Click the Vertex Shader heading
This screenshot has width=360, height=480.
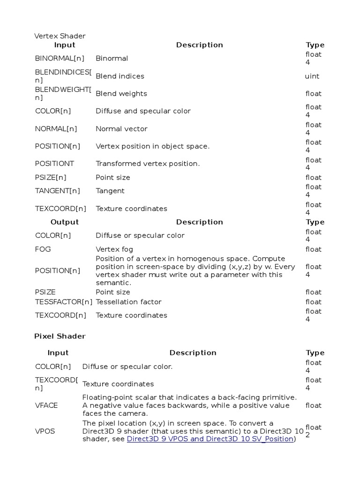point(60,36)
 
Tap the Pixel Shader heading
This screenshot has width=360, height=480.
point(60,336)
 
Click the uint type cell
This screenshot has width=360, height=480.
point(312,76)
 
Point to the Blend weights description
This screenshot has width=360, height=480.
point(121,94)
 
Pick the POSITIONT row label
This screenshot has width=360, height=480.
point(54,164)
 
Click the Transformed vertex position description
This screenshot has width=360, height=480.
point(148,164)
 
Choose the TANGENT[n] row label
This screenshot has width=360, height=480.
point(57,191)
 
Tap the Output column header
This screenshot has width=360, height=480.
point(64,222)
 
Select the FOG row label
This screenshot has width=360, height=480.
point(43,249)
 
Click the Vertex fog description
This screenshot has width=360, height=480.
point(114,249)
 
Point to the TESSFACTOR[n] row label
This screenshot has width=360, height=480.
point(64,302)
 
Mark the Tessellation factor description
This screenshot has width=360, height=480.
point(128,302)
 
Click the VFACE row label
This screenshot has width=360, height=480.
point(46,405)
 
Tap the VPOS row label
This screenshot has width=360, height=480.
point(45,431)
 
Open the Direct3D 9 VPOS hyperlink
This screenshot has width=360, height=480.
point(210,439)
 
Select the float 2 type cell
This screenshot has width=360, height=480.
point(314,431)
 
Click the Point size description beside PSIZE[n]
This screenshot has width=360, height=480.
point(113,178)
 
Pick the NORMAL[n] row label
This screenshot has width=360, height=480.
point(56,129)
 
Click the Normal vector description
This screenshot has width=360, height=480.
point(121,129)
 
